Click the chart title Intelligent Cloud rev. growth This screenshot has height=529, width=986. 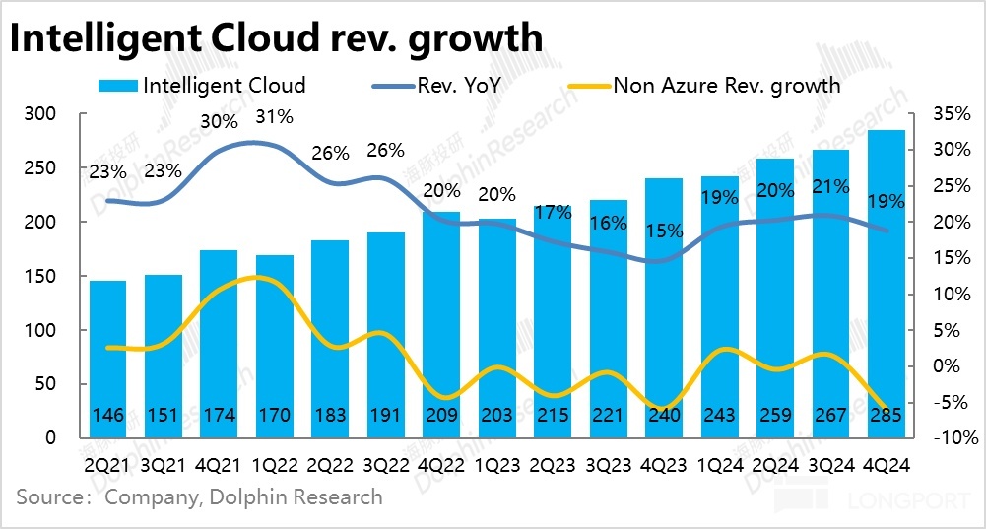click(x=277, y=38)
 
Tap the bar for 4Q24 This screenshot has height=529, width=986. click(x=887, y=286)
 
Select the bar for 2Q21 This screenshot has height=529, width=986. click(x=108, y=360)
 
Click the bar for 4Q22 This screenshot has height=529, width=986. click(x=441, y=325)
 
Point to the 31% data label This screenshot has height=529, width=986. click(x=274, y=117)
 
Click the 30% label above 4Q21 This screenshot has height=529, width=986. click(x=219, y=123)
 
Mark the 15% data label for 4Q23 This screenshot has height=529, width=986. click(x=664, y=231)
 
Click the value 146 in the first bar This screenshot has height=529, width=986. click(x=108, y=416)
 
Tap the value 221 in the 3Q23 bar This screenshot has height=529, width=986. click(x=609, y=416)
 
